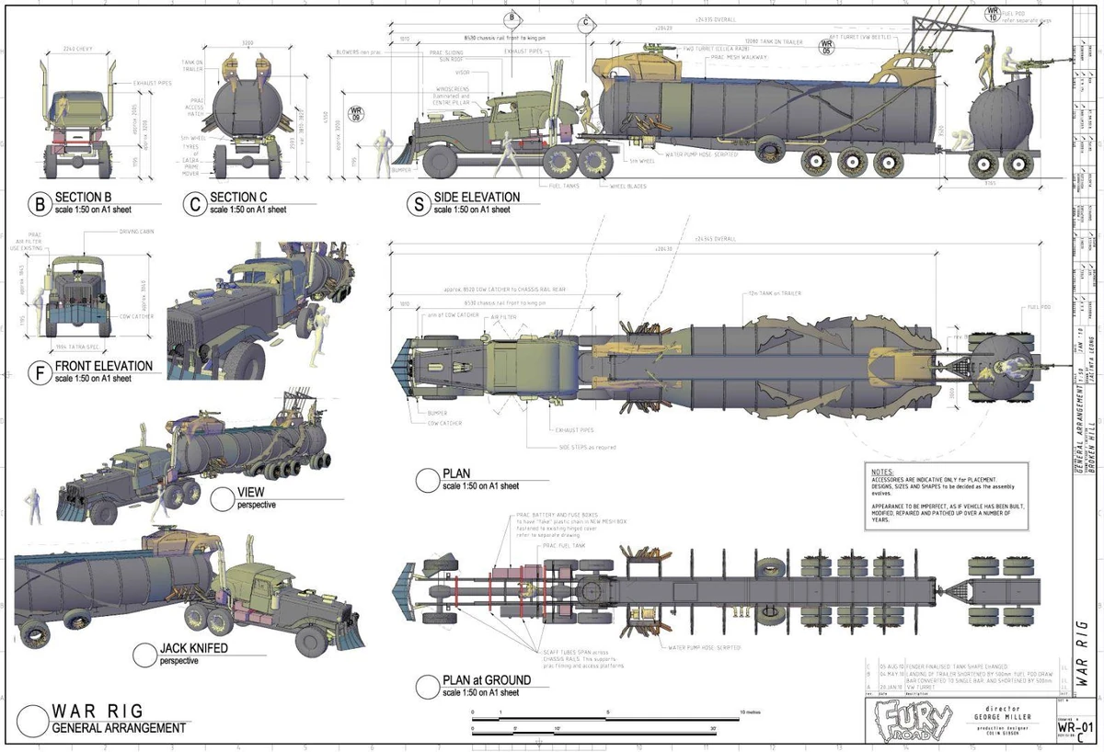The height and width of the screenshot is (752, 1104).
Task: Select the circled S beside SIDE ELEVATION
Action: pyautogui.click(x=420, y=203)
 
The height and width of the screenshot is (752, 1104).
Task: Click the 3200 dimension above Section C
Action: pyautogui.click(x=247, y=43)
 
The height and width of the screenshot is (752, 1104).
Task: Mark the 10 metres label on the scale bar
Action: pyautogui.click(x=748, y=713)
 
